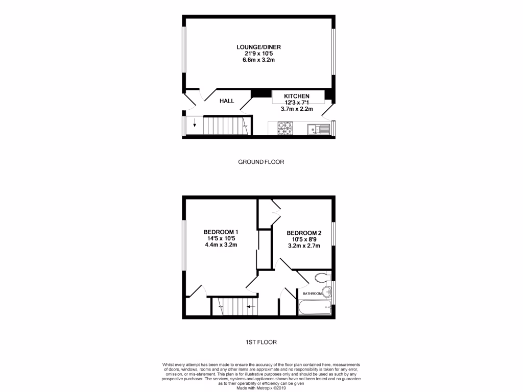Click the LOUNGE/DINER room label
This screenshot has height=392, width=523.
pos(258,47)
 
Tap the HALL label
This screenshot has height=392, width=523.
pos(227,101)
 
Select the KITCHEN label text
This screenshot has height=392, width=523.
pos(297,96)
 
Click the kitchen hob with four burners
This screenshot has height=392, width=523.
pos(285,128)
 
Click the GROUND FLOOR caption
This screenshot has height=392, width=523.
pos(261,162)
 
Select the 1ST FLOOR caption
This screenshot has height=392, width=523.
pos(261,342)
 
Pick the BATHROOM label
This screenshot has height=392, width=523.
pos(312,294)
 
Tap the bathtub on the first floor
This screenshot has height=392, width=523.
pos(314,308)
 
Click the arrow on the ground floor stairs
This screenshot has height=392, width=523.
pos(194,124)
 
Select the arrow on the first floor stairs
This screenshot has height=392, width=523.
pos(250,307)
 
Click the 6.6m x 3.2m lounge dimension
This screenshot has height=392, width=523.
pos(258,60)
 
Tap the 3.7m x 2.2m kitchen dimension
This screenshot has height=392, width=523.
pos(297,109)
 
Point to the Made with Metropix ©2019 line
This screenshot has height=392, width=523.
pos(261,387)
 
